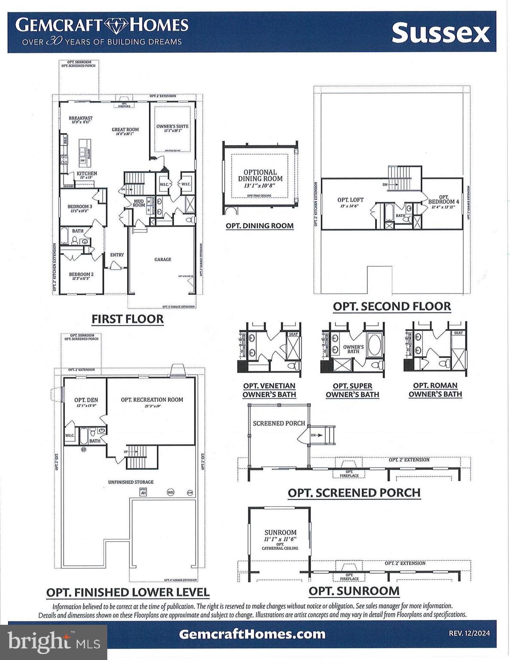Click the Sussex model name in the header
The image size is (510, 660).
pos(440,33)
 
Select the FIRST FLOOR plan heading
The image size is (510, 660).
pos(128,319)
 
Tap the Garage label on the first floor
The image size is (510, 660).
pos(163,259)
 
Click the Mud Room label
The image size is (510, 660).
pos(139,203)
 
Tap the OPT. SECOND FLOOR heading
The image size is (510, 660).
pos(392,306)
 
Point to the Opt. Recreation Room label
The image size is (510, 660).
pos(152,400)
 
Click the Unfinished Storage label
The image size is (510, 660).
pos(131,482)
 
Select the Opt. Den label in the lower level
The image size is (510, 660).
pos(86,400)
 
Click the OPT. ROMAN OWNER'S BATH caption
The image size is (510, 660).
pos(435,390)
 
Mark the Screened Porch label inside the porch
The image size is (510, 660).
pos(279,423)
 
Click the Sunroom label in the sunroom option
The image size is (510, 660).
pos(280,532)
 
